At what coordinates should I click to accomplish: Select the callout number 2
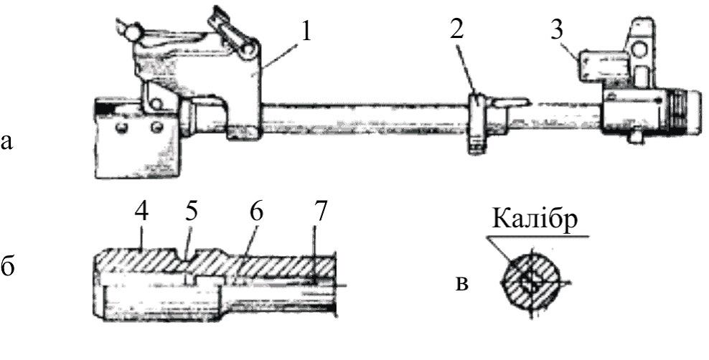[x=456, y=30]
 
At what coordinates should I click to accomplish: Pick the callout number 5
[x=190, y=213]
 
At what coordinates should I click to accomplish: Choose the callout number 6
[x=256, y=213]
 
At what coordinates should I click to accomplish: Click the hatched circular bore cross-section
[x=530, y=280]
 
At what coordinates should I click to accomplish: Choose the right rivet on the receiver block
[x=156, y=127]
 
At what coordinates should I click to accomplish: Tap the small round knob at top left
[x=131, y=32]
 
